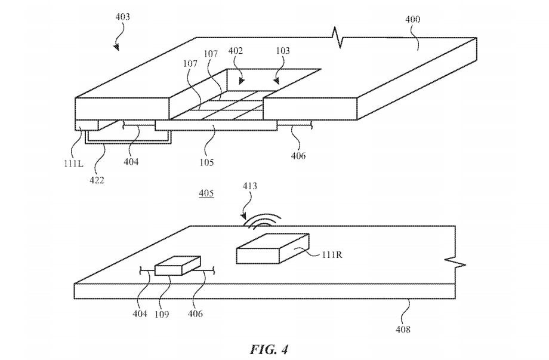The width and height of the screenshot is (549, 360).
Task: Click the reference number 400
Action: (x=412, y=20)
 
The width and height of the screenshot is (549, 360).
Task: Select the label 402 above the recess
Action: (x=235, y=52)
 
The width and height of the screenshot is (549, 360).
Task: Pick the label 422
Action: (x=97, y=180)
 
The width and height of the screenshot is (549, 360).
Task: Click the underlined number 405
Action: (x=206, y=194)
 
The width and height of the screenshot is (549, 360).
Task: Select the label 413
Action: (x=249, y=186)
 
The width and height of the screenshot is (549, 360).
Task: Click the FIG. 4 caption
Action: (x=274, y=348)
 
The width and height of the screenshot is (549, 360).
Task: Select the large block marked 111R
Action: (x=272, y=248)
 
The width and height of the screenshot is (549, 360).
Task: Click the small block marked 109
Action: (x=177, y=266)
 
